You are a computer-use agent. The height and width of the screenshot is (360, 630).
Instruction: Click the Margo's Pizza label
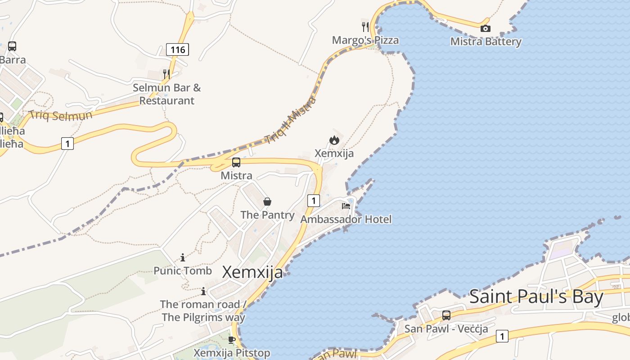[365, 40]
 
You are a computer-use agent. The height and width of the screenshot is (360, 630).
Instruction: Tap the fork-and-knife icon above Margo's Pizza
[365, 27]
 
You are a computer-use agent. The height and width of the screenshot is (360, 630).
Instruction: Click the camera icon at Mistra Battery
[485, 29]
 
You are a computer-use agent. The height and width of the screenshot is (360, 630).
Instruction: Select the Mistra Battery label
[486, 42]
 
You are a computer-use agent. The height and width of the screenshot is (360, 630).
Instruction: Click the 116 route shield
[177, 49]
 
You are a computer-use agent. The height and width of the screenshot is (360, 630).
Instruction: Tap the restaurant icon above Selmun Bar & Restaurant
[166, 74]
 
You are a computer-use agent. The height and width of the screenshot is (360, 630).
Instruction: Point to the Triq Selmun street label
[60, 115]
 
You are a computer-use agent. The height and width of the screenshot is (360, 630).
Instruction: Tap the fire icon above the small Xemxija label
[334, 140]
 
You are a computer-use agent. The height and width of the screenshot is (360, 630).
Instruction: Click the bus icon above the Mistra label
[236, 162]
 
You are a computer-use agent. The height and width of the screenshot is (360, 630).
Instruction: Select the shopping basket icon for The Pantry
[267, 202]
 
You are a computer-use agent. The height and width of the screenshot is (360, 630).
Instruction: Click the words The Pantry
[267, 215]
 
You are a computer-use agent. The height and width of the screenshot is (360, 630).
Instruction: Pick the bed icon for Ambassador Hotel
[346, 206]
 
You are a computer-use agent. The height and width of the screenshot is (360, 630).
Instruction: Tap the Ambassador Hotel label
[346, 219]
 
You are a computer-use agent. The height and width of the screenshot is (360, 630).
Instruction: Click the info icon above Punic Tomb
[183, 257]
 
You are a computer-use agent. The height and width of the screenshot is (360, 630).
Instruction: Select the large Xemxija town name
[252, 272]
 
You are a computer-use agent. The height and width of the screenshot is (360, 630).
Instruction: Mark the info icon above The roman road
[203, 291]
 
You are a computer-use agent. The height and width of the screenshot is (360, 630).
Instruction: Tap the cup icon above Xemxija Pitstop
[232, 339]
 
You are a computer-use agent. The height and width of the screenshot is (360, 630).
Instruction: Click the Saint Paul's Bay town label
[536, 297]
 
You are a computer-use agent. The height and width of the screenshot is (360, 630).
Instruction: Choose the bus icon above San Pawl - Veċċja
[446, 315]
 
